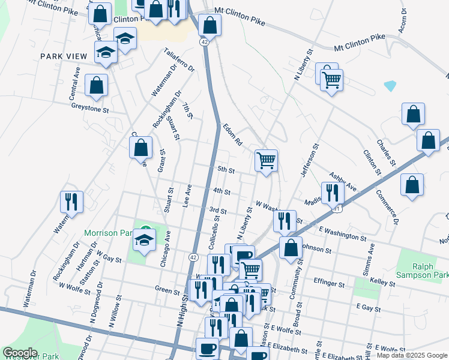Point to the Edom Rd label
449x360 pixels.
[232, 136]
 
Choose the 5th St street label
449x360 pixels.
[225, 170]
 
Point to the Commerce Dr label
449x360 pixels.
[387, 207]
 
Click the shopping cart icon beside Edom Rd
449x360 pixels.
[266, 160]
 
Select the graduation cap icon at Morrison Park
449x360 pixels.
[144, 240]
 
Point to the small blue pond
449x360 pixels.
[390, 86]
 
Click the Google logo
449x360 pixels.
[20, 353]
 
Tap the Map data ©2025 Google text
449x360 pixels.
[411, 355]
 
